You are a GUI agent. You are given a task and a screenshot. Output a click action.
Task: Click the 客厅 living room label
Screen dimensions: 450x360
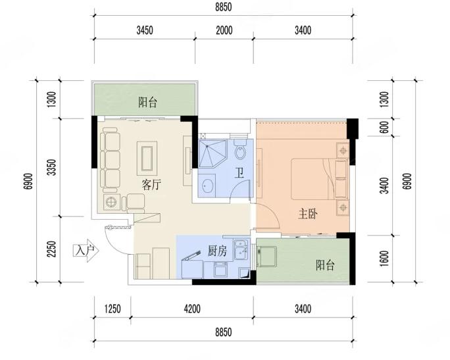pos(151,184)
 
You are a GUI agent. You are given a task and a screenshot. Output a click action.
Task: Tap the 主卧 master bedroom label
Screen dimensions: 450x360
pos(308,214)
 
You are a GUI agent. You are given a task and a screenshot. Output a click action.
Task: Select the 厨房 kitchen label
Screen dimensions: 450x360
pos(217,251)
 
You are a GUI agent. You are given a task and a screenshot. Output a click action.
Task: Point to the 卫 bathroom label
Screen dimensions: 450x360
pos(239,173)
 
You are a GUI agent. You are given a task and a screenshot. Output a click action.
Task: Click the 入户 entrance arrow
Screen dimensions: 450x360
pos(86,251)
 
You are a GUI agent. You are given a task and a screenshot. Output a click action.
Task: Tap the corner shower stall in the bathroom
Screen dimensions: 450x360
pos(213,153)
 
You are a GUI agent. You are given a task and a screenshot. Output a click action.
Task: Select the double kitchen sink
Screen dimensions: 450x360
pos(241,249)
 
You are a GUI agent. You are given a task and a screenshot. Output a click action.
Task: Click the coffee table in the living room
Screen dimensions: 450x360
pos(147,158)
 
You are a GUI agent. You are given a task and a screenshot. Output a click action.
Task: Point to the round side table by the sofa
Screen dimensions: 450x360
pos(111,202)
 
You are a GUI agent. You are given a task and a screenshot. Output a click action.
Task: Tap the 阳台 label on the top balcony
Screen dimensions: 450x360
pos(147,102)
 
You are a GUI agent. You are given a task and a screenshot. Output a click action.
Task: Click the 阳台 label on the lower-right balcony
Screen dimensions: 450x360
pos(325,265)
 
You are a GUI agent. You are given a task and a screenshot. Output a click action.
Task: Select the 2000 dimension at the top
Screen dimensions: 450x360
pos(224,30)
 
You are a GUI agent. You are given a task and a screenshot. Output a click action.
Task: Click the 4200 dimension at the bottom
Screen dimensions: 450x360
pos(192,309)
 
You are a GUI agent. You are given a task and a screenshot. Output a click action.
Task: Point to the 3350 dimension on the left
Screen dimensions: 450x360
pos(51,167)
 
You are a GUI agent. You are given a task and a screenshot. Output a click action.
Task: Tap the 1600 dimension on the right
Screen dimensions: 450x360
pos(384,259)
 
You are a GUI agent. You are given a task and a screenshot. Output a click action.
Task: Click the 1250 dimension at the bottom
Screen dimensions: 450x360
pos(113,309)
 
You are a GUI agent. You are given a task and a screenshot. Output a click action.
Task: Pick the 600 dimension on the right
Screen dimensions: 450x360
pos(384,127)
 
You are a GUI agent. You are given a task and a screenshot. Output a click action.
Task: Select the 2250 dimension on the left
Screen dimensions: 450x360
pos(51,249)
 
